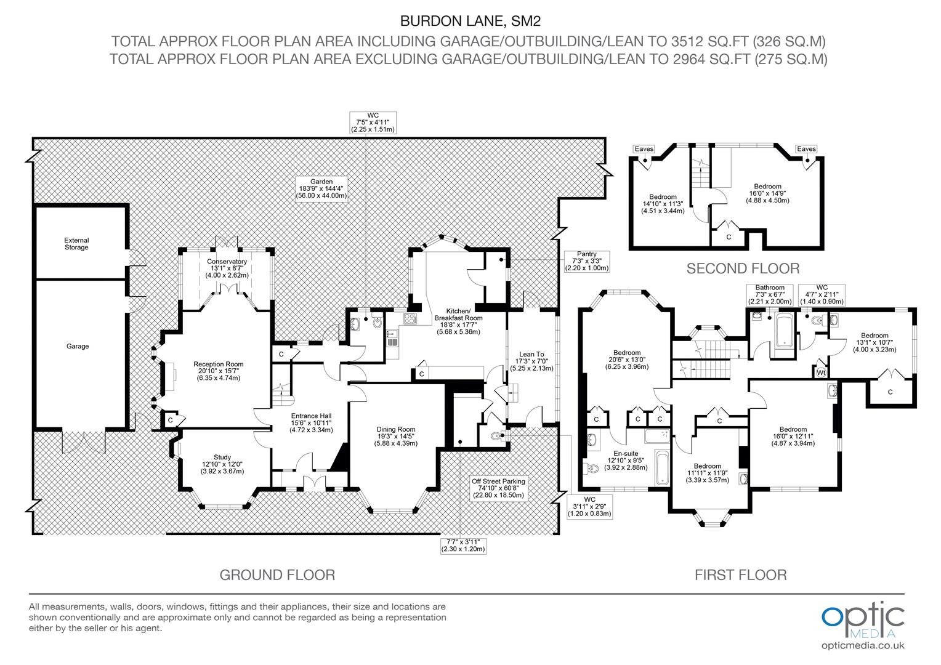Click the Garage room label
click(x=78, y=346)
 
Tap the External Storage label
click(x=76, y=244)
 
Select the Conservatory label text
click(x=227, y=268)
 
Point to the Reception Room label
click(x=219, y=371)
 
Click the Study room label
click(x=222, y=464)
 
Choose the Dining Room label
click(x=396, y=436)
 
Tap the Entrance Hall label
click(x=311, y=423)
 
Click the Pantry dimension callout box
click(x=586, y=261)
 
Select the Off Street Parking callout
click(x=498, y=488)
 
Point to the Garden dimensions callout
click(x=321, y=188)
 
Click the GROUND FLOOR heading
click(x=277, y=574)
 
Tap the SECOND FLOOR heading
click(x=743, y=268)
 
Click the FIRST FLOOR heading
click(x=741, y=574)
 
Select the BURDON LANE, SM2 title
click(x=470, y=21)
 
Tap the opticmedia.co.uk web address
click(x=863, y=646)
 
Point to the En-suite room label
click(x=626, y=461)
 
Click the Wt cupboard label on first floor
click(x=821, y=373)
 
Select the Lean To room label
click(x=531, y=361)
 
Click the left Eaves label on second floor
click(x=644, y=149)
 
